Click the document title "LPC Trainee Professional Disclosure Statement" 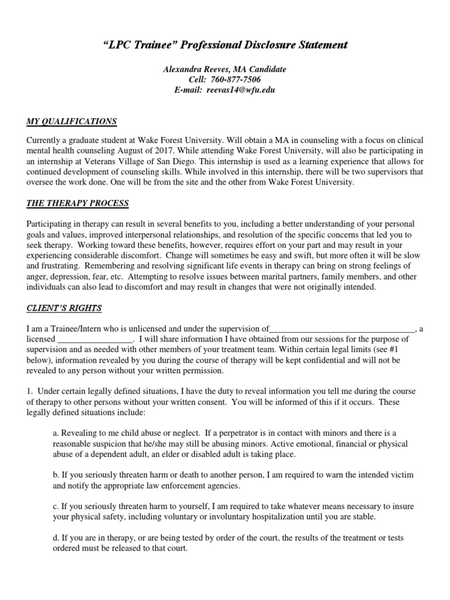225,45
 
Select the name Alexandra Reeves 195,69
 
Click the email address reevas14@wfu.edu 241,90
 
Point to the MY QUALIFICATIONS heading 71,122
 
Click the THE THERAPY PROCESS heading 77,203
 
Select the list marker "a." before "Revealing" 56,433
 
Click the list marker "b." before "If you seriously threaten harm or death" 56,476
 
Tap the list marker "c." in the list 56,507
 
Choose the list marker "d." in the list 56,538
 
